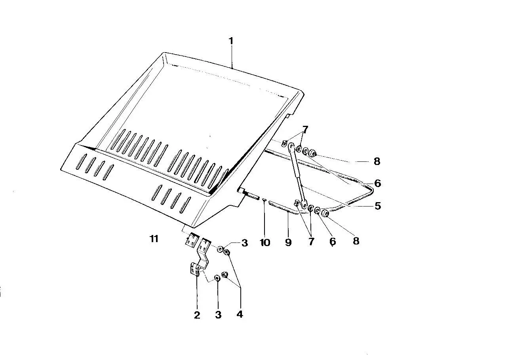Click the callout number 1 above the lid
231,41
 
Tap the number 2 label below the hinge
197,315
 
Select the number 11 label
154,239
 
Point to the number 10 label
265,243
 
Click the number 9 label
288,243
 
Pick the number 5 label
378,206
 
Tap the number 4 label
240,315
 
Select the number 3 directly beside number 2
218,315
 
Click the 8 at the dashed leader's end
377,161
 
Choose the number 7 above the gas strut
305,130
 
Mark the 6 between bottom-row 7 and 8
333,241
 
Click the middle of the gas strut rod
297,175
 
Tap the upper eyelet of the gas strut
291,146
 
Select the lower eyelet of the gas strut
304,205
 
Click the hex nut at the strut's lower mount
325,214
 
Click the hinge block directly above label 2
195,269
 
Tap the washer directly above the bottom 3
217,277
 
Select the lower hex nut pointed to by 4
224,275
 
